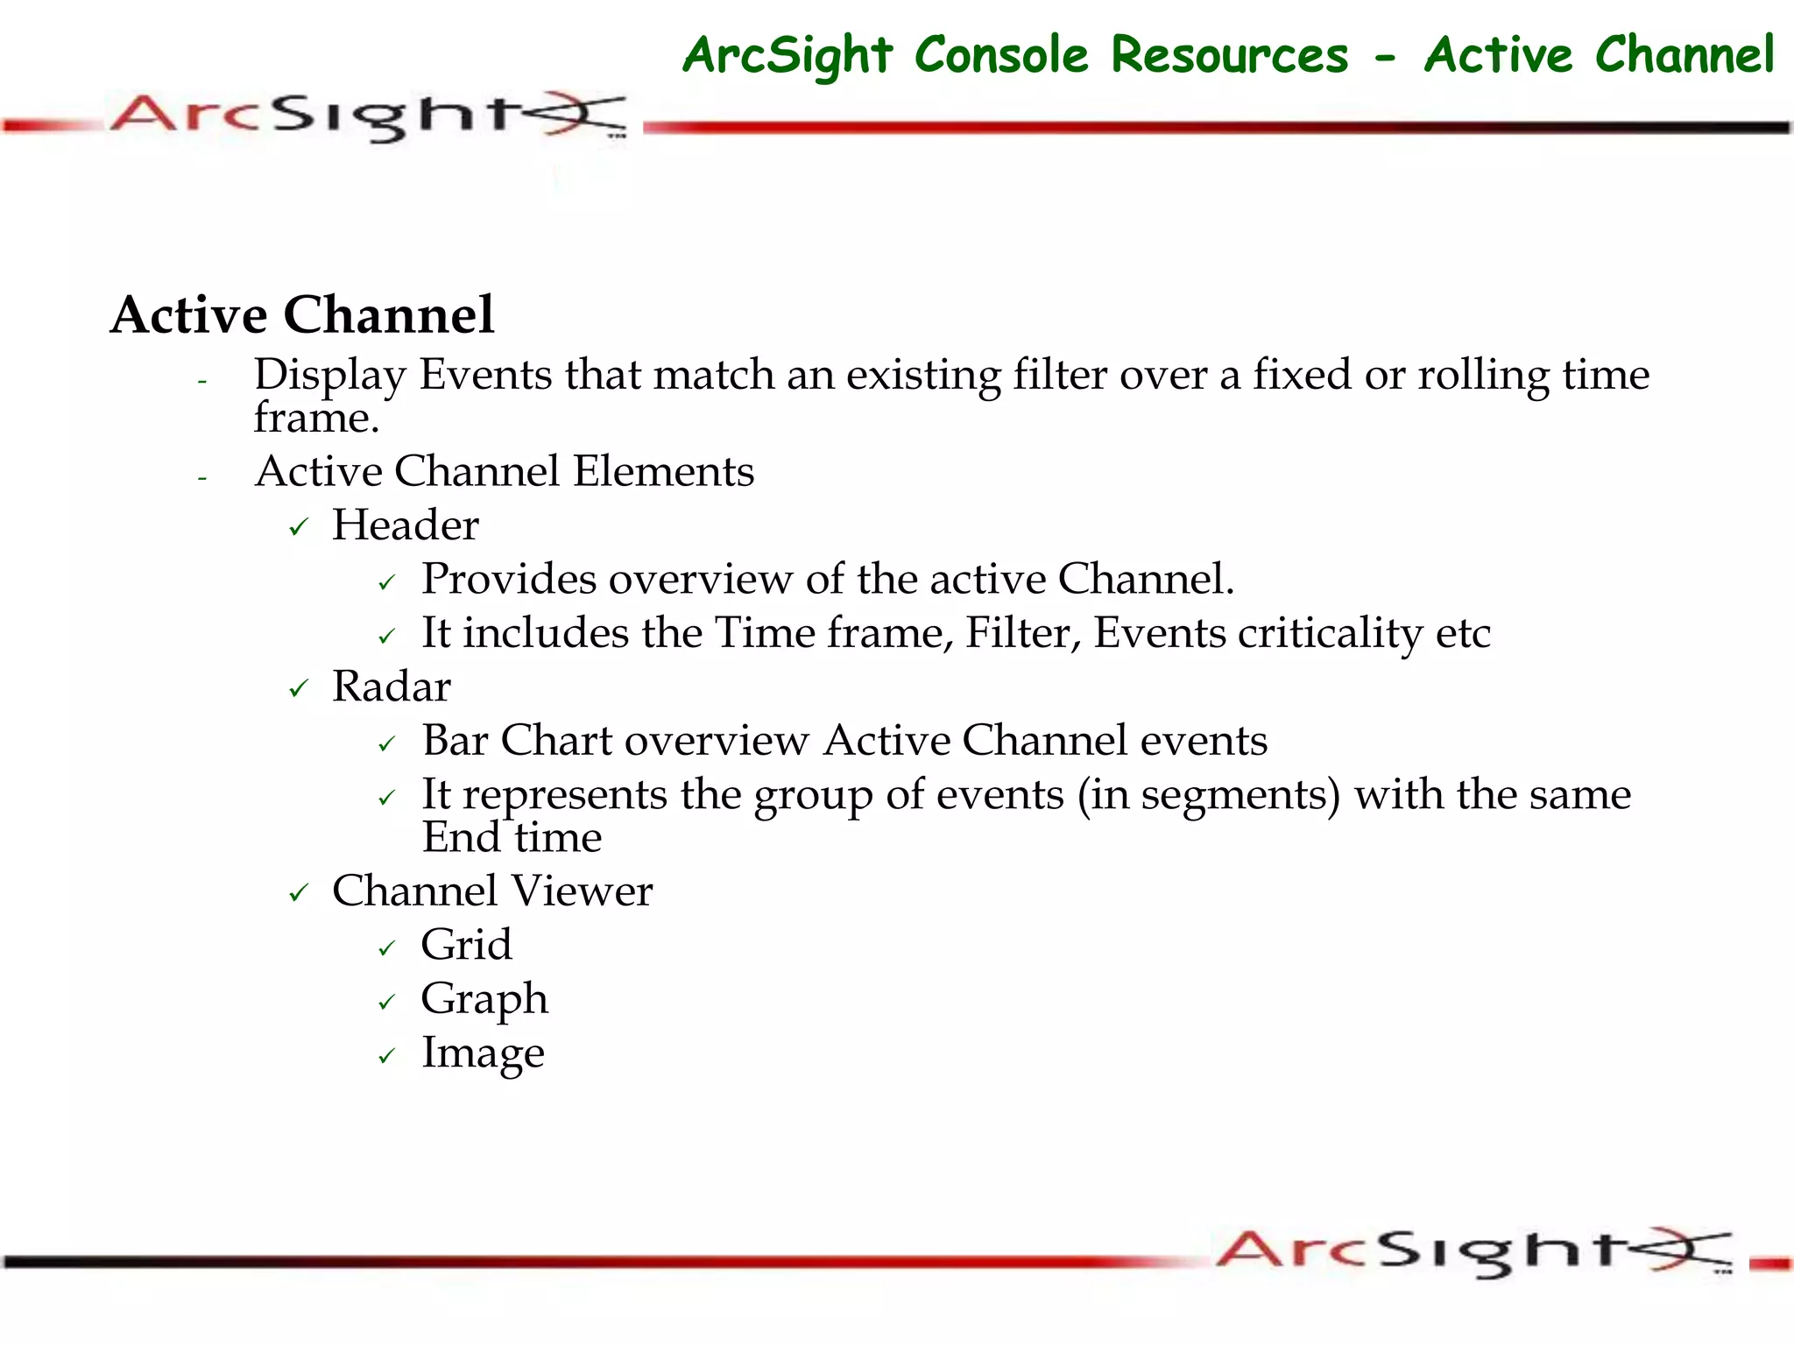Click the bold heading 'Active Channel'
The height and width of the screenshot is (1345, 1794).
click(302, 315)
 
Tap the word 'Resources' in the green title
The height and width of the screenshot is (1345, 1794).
click(1229, 55)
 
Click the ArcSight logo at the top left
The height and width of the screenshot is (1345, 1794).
click(368, 116)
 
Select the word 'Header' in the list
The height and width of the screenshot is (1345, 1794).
click(406, 525)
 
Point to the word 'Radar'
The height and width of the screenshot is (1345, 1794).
click(392, 687)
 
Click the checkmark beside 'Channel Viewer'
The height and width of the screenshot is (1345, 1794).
click(299, 894)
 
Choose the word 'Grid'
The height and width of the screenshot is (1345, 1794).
click(466, 945)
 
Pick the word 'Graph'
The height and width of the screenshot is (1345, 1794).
click(484, 1000)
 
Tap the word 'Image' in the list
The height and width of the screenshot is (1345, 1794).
click(483, 1053)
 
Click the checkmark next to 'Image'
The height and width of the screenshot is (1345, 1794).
click(387, 1057)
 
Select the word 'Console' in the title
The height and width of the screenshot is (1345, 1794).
click(1001, 55)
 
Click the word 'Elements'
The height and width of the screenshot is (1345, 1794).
click(663, 471)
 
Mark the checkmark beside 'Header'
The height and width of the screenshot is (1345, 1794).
click(299, 528)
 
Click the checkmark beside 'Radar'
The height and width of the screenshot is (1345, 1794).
click(299, 690)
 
